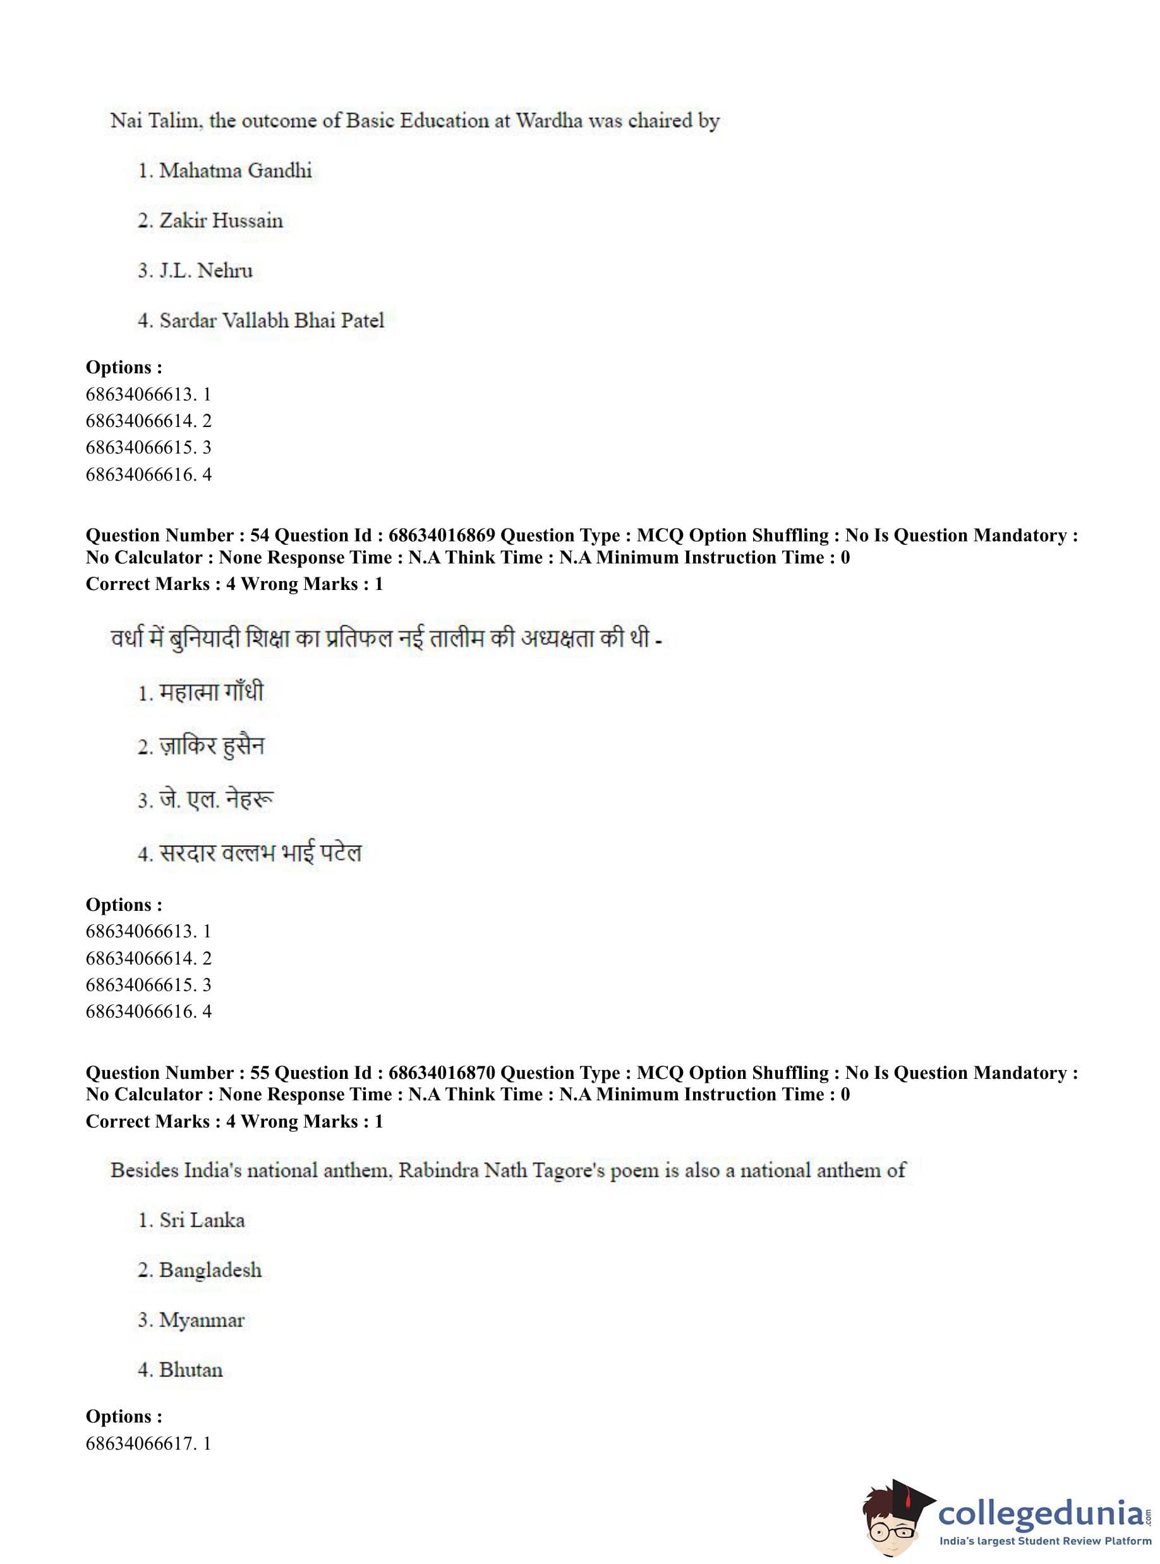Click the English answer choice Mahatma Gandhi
click(x=234, y=171)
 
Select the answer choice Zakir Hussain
click(x=221, y=220)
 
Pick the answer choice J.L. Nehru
click(x=205, y=270)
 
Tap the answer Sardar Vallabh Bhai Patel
click(x=271, y=321)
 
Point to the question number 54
click(x=259, y=536)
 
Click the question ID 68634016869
click(x=442, y=536)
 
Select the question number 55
click(x=259, y=1073)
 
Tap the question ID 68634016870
click(x=442, y=1073)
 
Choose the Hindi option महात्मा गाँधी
click(x=210, y=692)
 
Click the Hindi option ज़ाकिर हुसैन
click(x=212, y=745)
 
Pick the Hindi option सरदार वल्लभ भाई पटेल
click(x=260, y=853)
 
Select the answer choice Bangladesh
click(x=210, y=1270)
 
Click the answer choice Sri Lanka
click(x=202, y=1220)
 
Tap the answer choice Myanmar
click(x=202, y=1320)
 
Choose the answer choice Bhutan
click(x=190, y=1369)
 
